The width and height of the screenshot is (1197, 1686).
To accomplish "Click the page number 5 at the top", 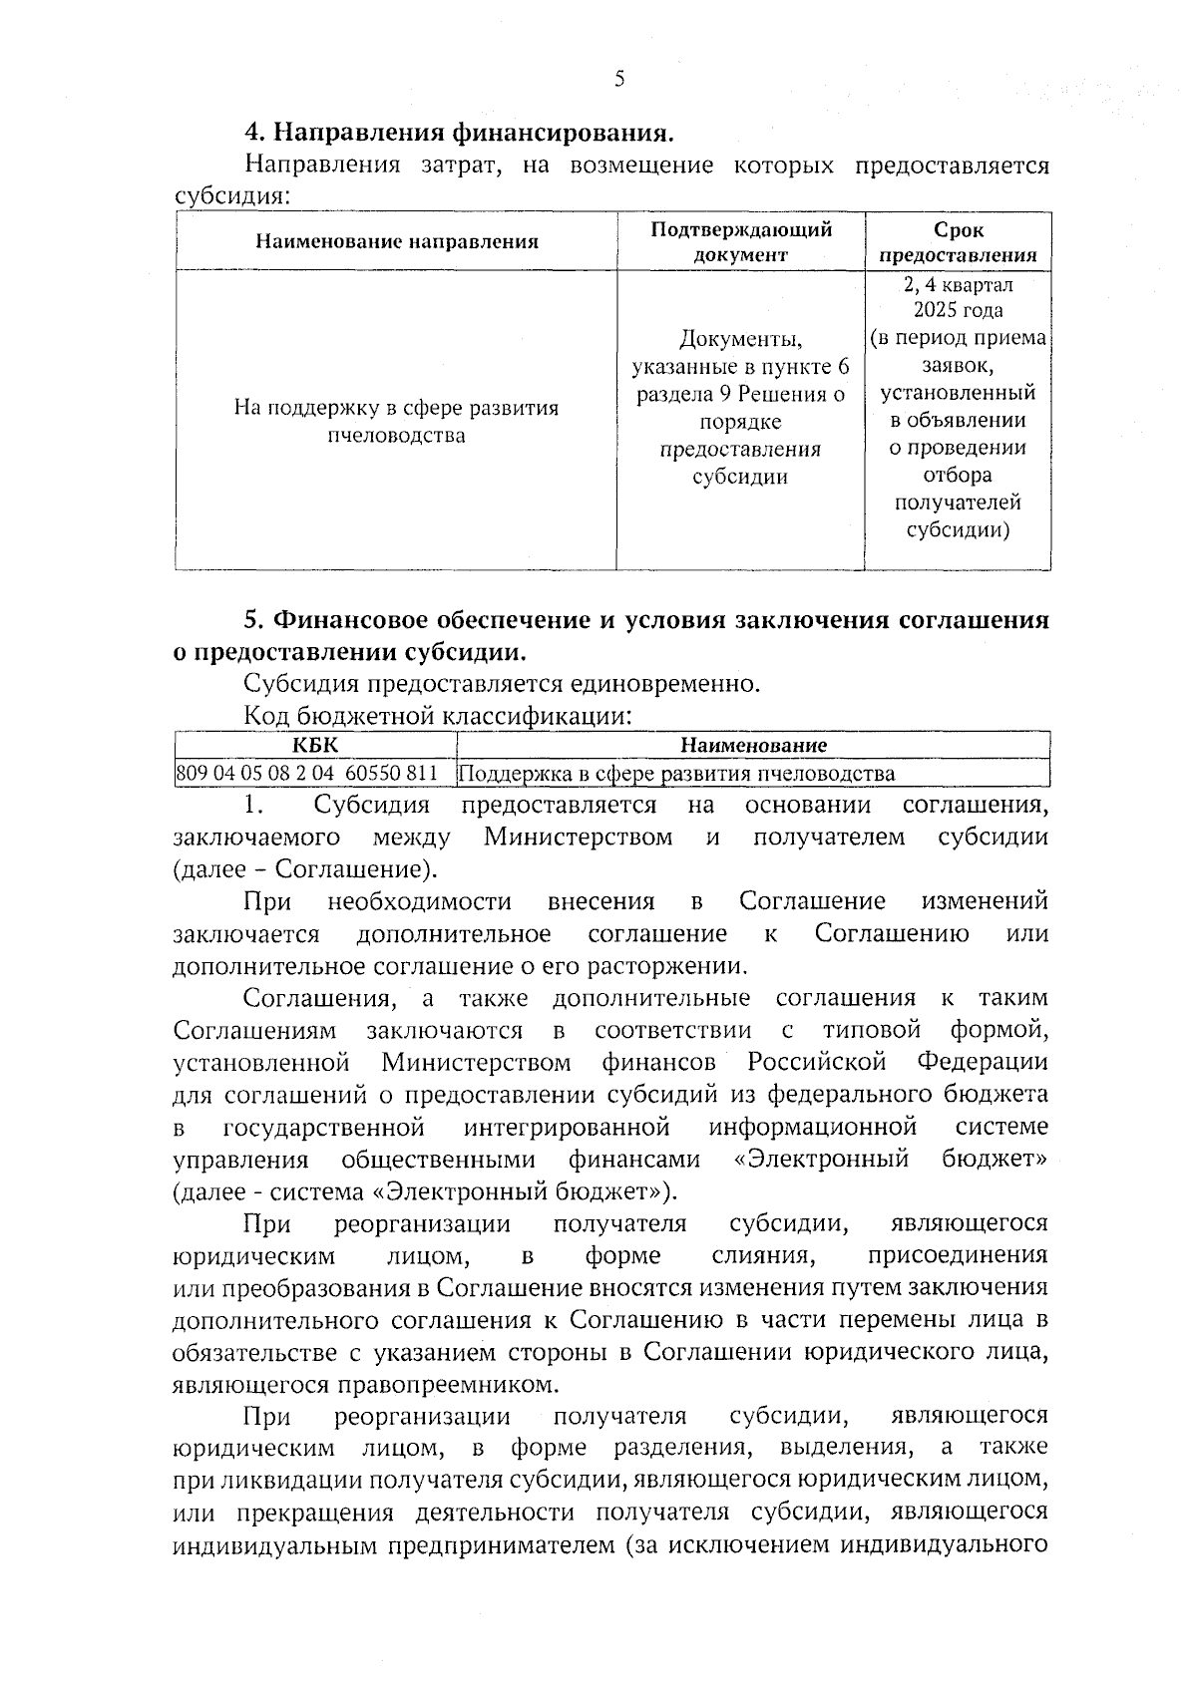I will tap(618, 80).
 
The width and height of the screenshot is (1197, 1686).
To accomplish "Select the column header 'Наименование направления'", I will tap(396, 241).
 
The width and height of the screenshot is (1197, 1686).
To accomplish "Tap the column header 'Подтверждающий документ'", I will tap(740, 241).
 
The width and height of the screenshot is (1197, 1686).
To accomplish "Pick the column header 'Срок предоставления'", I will tap(958, 241).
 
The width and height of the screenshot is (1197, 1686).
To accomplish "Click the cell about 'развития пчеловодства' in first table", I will tap(396, 422).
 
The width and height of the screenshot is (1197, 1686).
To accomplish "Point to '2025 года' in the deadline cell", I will tap(958, 310).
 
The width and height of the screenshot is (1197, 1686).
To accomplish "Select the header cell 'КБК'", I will tap(315, 745).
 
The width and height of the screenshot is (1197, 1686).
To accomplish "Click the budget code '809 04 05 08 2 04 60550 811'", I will tap(306, 774).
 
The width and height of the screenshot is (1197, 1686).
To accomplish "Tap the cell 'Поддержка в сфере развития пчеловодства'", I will tap(678, 774).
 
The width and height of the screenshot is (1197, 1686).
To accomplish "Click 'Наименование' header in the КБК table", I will tap(753, 745).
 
